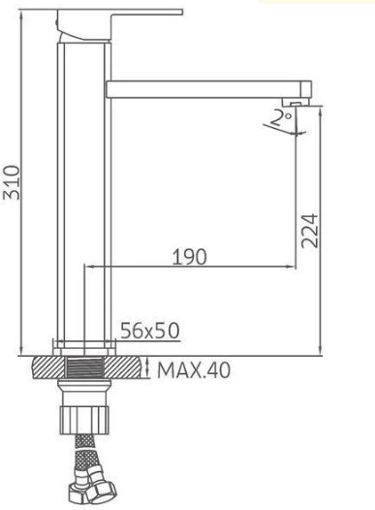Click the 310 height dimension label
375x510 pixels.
12,182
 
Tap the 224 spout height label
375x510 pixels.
309,231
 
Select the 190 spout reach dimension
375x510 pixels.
189,257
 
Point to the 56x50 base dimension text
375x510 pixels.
150,331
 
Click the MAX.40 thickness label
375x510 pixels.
194,369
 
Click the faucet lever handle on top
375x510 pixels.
119,24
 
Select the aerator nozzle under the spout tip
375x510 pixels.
296,103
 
